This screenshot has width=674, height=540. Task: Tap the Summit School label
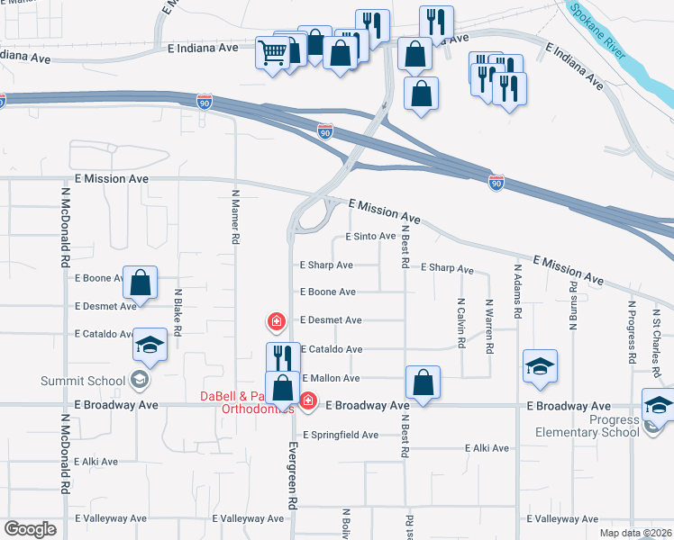(82, 381)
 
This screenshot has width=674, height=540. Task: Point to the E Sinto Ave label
(371, 237)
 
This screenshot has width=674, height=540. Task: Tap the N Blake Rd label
(178, 312)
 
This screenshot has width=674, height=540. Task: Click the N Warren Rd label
(488, 326)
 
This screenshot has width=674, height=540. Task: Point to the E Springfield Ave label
(341, 435)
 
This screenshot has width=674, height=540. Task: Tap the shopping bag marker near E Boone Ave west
(141, 283)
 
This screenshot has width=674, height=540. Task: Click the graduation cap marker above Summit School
(150, 345)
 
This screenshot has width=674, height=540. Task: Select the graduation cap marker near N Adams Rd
(540, 366)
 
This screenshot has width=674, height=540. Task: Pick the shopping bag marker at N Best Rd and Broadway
(423, 382)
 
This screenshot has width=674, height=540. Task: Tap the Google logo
(31, 530)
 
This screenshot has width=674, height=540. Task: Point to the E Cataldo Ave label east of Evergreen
(331, 349)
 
